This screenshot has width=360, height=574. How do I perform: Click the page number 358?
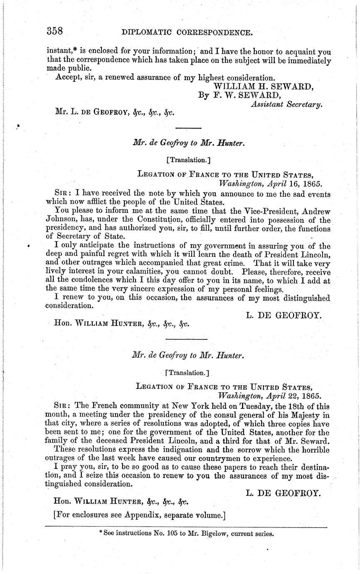(54, 32)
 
